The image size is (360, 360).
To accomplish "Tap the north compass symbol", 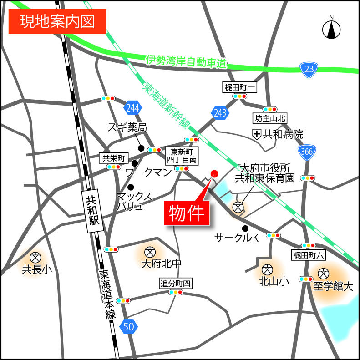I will point(332,29).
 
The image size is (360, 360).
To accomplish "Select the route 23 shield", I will point(309,69).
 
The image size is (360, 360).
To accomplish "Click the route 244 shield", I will point(132,108).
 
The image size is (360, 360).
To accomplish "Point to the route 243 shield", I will point(219,113).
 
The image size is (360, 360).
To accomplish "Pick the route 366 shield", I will point(307,152).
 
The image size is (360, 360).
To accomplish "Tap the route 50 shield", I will point(129,326).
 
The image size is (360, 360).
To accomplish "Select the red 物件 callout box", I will point(187,212).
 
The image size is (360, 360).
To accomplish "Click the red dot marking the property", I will point(214,173).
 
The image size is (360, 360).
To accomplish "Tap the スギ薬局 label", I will point(127,127).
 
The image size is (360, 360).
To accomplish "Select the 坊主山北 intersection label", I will point(269,118).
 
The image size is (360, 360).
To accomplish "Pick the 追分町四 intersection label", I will point(176,284).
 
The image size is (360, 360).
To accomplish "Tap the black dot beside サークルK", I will point(245,228).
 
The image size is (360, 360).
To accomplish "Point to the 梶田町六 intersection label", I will point(309,254).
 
